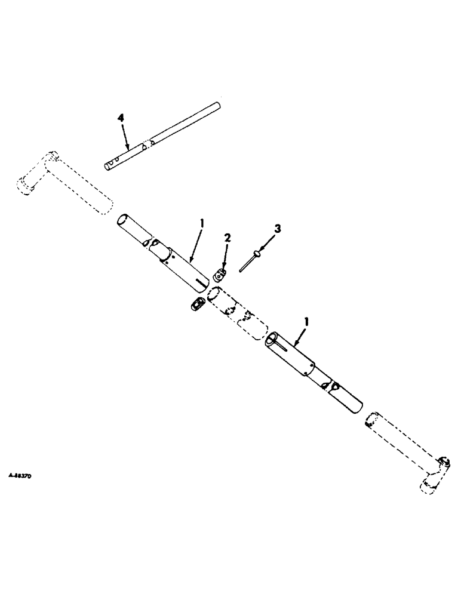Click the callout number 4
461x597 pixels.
coord(121,118)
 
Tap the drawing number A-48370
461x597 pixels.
coord(21,477)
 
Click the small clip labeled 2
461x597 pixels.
coord(220,275)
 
